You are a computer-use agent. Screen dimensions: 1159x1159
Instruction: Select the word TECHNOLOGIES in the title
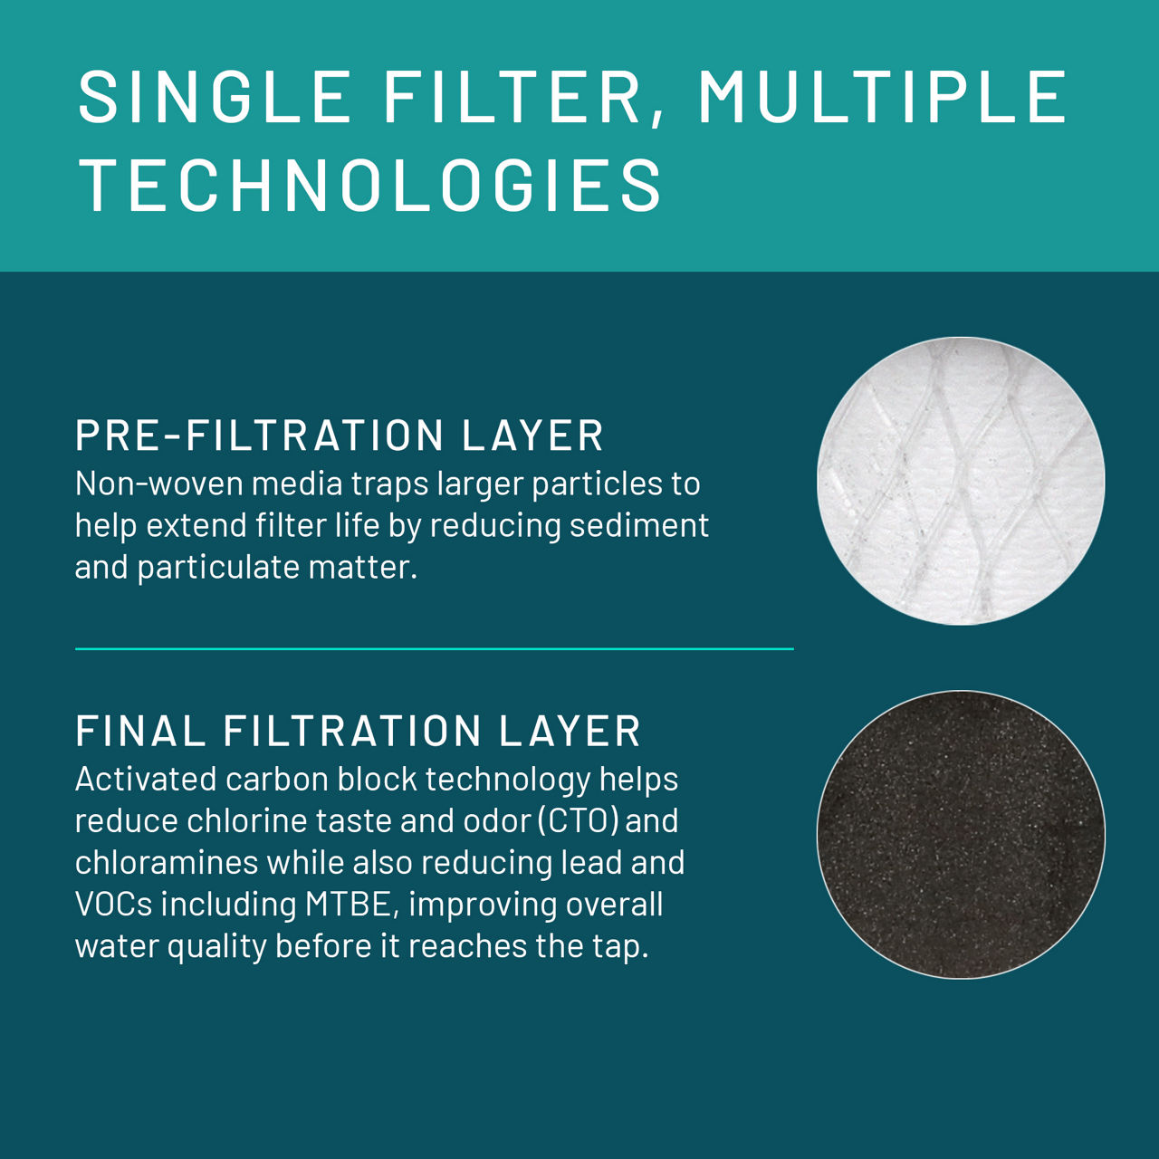click(x=371, y=186)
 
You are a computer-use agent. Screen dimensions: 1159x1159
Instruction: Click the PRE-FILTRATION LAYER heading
click(x=340, y=436)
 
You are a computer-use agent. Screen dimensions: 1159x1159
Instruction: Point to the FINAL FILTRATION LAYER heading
click(x=358, y=732)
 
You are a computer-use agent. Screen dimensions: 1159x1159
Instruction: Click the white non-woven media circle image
click(x=961, y=481)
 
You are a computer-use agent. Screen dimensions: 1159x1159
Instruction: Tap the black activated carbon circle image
click(x=961, y=835)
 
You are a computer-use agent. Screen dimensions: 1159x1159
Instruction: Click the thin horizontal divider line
click(x=435, y=648)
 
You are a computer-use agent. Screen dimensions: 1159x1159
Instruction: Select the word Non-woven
click(x=159, y=484)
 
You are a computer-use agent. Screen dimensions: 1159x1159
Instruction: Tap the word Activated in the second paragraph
click(x=146, y=779)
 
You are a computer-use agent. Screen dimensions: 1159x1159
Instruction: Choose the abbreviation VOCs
click(x=113, y=905)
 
